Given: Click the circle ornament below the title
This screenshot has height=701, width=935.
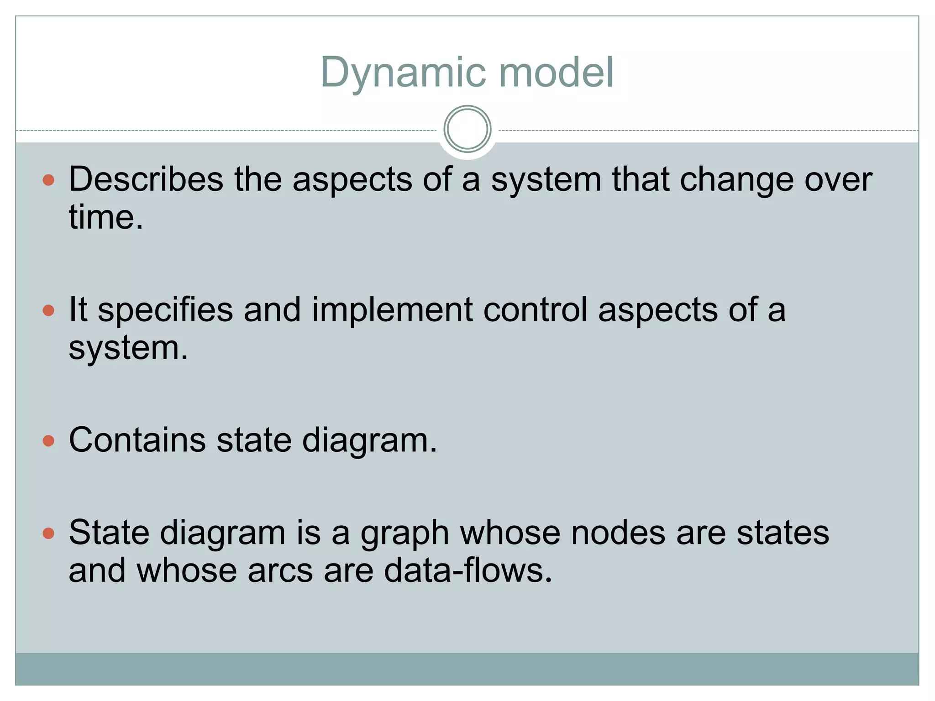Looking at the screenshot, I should click(x=467, y=129).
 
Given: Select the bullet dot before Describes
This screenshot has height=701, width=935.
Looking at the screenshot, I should click(x=48, y=180).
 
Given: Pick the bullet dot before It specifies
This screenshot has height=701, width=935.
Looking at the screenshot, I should click(x=48, y=311).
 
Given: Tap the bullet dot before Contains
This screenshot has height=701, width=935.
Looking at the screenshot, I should click(x=48, y=441).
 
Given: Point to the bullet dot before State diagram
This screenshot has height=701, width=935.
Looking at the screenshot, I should click(x=48, y=533).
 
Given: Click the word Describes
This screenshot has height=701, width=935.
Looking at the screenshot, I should click(x=146, y=179).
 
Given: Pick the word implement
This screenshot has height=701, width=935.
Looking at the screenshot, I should click(x=392, y=310).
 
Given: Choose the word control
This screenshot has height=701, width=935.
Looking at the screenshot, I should click(x=535, y=309).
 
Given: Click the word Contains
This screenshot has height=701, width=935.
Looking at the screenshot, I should click(x=137, y=440).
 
